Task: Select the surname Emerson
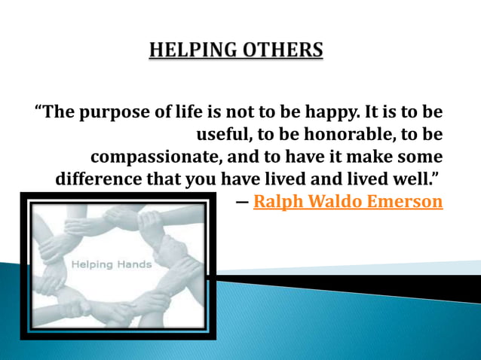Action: tap(408, 202)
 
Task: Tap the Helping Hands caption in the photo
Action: tap(112, 264)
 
